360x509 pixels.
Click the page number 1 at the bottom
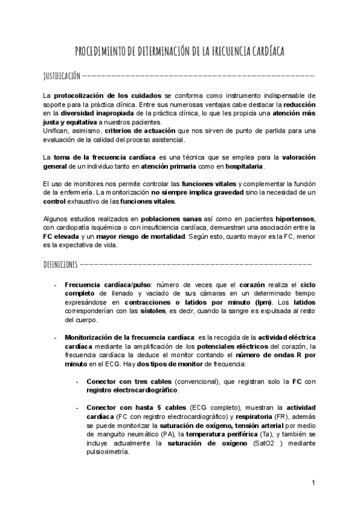314,483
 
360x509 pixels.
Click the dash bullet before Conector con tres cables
77,382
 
